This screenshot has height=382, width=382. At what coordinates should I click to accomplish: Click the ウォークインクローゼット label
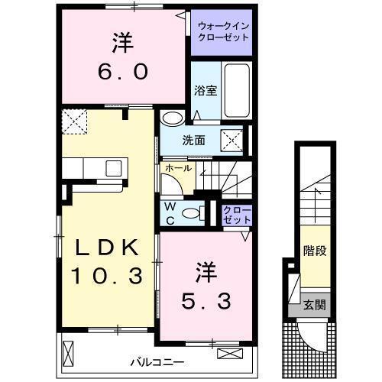tap(223, 32)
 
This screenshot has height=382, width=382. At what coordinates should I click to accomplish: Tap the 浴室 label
tap(206, 91)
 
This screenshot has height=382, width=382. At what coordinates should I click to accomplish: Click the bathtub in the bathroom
tap(237, 90)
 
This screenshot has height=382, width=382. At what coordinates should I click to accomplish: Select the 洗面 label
tap(193, 141)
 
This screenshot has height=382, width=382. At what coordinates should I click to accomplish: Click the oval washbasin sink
tap(173, 118)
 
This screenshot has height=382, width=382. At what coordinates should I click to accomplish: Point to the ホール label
tap(178, 168)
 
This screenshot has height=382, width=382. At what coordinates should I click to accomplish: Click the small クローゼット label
tap(237, 215)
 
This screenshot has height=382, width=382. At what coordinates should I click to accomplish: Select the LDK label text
tap(107, 248)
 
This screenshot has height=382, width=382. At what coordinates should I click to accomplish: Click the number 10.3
tap(106, 276)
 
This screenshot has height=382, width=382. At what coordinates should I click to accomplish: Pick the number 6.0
tap(123, 72)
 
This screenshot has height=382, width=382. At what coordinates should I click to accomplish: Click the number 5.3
tap(206, 301)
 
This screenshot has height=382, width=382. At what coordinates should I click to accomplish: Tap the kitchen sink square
tap(114, 168)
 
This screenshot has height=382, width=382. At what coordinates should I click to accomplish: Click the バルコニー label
tap(157, 362)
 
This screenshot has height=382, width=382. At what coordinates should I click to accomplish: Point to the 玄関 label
tap(315, 305)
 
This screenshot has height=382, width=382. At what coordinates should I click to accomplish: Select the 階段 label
tap(315, 251)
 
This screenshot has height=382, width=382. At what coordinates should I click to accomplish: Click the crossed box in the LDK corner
tap(75, 121)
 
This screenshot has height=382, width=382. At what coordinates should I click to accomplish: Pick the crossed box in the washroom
tap(231, 141)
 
